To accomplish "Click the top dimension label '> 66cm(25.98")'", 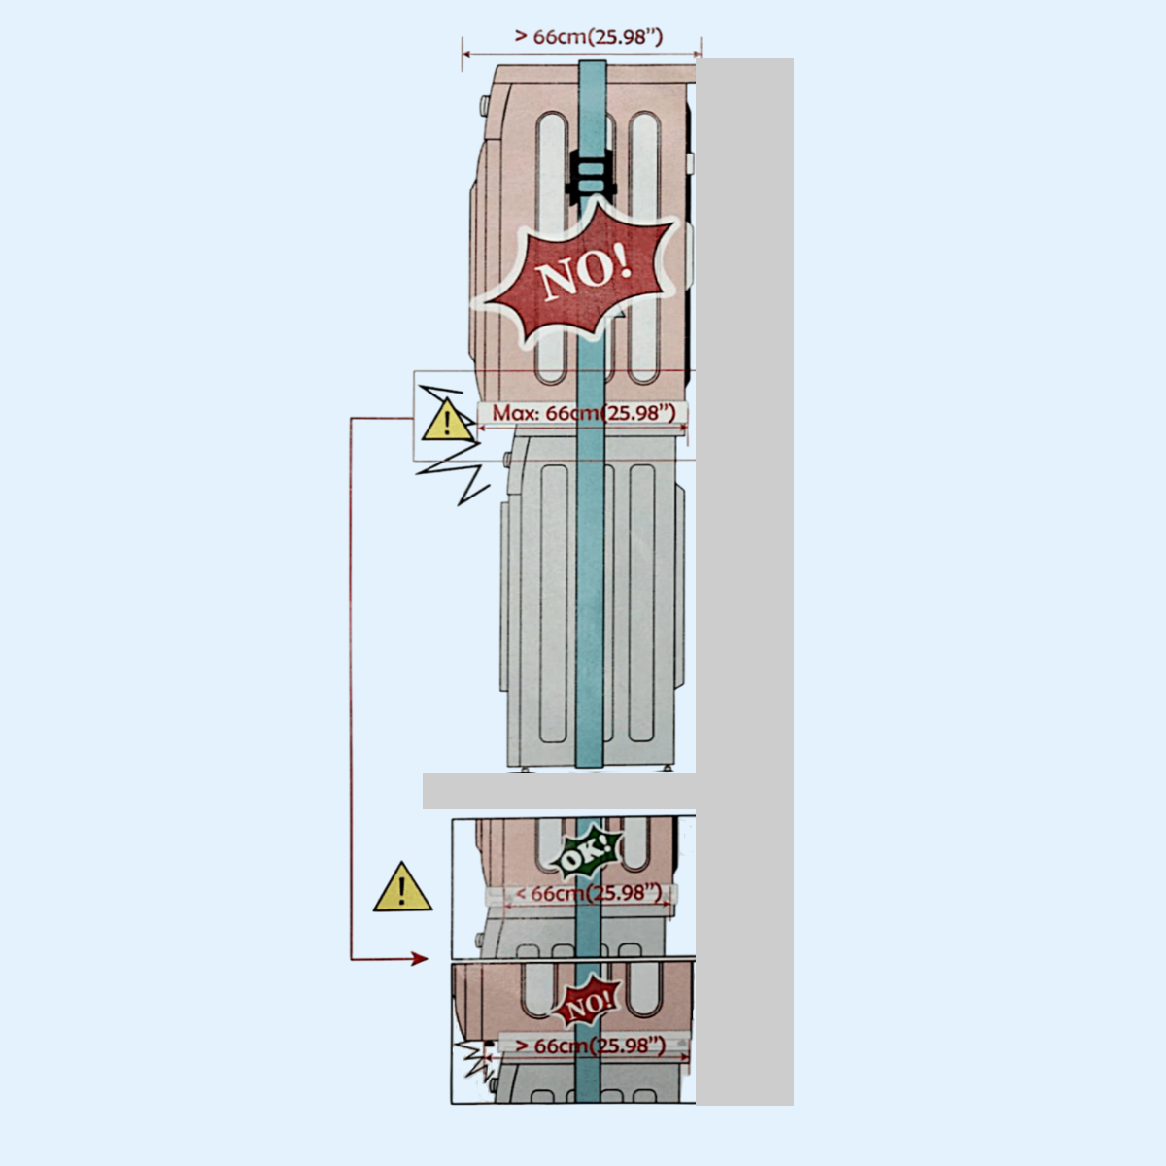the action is [x=588, y=37].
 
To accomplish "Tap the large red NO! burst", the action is [x=584, y=273].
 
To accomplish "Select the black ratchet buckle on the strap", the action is [x=589, y=175].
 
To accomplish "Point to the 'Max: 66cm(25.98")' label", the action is [x=583, y=413].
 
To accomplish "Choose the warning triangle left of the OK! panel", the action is [x=402, y=888].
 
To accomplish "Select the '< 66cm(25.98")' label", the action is [x=588, y=893].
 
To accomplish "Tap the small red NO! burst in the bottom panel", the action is [x=587, y=1006].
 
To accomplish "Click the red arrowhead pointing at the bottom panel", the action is [x=419, y=959].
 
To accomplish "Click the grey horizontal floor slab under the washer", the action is [x=559, y=791].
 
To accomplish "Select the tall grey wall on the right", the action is [x=744, y=583].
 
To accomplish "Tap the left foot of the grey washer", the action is [x=525, y=771].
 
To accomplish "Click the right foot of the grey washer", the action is [x=669, y=771].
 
